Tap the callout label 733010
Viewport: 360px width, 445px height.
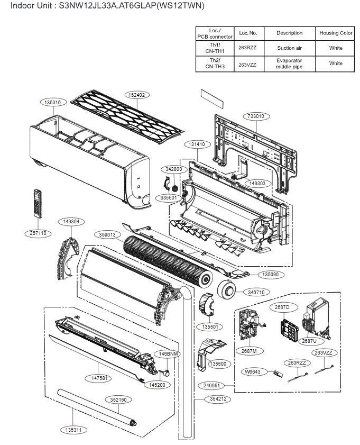255,116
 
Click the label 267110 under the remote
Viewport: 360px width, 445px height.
38,233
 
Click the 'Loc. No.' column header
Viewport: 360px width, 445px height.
248,33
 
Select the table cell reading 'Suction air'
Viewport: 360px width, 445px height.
289,48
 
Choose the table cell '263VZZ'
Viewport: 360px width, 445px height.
248,63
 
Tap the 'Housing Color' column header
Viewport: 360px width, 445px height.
336,33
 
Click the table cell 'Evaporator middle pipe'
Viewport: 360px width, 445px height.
289,63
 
